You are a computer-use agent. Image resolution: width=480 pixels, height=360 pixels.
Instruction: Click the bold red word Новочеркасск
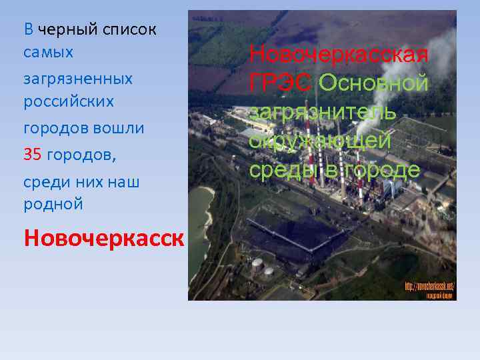(x=103, y=238)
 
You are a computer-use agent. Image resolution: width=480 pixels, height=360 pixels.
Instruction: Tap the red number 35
(x=33, y=155)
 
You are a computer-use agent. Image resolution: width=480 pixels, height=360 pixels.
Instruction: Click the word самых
(x=49, y=51)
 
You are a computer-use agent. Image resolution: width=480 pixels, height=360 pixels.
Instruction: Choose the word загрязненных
(x=78, y=79)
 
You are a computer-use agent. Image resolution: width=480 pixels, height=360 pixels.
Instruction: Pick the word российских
(x=69, y=102)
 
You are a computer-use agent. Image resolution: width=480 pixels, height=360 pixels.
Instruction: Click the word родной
(x=53, y=204)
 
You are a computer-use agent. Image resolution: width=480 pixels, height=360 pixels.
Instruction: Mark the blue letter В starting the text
(x=29, y=29)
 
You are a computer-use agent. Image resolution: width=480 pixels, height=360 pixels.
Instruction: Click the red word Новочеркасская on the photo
(x=339, y=54)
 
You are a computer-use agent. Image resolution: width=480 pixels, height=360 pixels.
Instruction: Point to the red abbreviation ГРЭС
(x=281, y=83)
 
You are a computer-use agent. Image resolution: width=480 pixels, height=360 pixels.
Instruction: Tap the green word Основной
(x=373, y=83)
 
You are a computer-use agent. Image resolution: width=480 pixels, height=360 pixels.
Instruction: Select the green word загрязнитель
(x=323, y=112)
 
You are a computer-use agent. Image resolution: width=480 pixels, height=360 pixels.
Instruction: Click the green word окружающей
(x=320, y=141)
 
